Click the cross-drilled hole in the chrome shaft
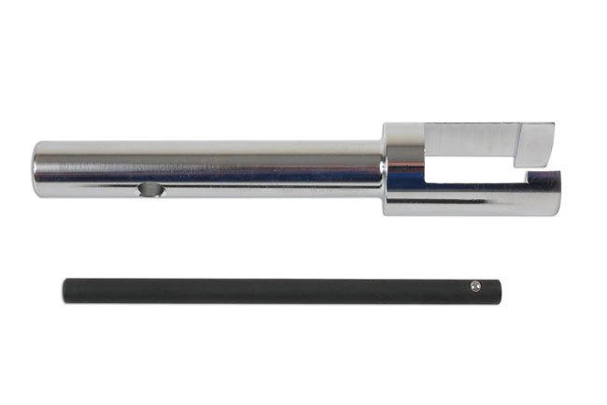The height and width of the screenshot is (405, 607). coord(150,190)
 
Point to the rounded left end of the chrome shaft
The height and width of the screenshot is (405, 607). coord(37,169)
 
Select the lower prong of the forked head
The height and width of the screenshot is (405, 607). coord(486,199)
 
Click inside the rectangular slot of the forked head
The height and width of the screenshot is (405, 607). coord(467,171)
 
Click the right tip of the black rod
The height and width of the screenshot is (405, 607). coord(496,290)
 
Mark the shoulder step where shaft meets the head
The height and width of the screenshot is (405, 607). coord(384,168)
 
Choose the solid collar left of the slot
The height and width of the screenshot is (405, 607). coord(403,168)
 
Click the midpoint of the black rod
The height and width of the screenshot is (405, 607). coord(280,290)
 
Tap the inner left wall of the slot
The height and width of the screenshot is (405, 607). coord(427,171)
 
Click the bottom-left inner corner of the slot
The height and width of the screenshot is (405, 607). coord(429,184)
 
